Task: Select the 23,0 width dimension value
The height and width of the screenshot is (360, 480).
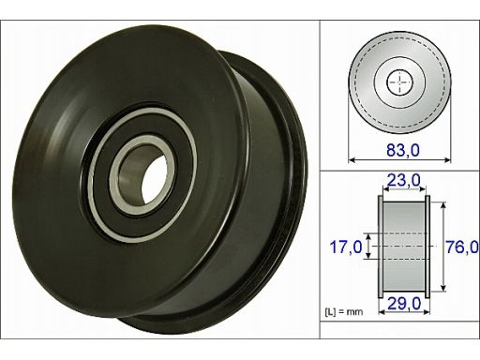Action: (404, 180)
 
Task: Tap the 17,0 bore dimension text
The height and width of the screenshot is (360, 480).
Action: (346, 247)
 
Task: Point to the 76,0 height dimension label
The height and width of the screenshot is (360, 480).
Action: (462, 247)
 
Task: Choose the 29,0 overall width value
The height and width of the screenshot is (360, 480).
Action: (404, 303)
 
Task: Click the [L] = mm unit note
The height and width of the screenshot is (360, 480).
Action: (344, 311)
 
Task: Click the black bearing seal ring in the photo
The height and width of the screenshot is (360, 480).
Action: (142, 175)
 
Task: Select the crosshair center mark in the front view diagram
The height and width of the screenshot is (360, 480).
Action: (400, 82)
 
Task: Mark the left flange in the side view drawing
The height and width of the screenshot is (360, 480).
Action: (381, 247)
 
